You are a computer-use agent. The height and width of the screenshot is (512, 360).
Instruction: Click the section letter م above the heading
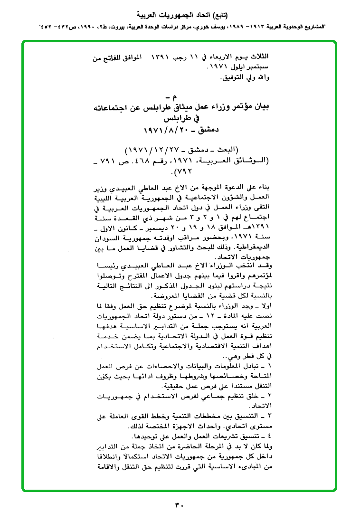[x=180, y=98]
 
